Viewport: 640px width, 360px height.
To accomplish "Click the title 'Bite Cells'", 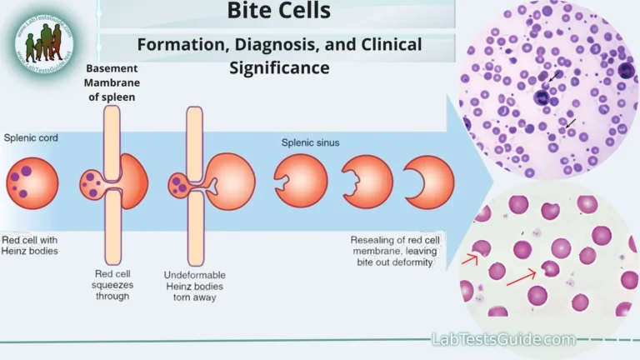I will tap(278, 12).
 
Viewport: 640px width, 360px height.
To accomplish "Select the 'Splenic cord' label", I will tap(31, 137).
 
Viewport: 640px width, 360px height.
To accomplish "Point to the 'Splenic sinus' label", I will tap(310, 142).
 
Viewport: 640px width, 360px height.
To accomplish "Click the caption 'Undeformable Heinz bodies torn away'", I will tap(196, 287).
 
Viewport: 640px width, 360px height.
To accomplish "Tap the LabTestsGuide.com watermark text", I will tap(502, 339).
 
